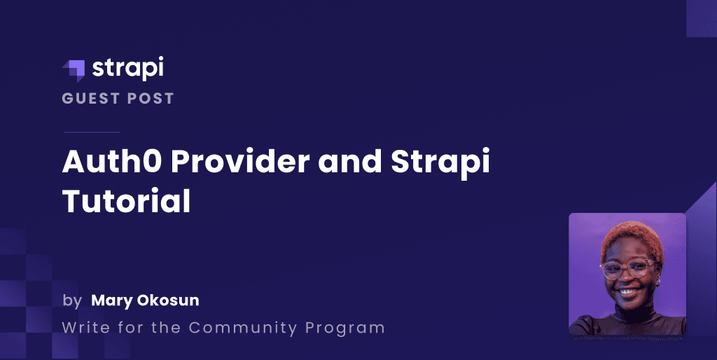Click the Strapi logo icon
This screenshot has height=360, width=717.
pos(74,71)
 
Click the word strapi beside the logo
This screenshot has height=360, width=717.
pos(127,69)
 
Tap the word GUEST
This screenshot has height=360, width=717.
pos(91,98)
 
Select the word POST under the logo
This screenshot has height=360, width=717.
pos(151,98)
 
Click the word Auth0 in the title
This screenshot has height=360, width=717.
pos(112,161)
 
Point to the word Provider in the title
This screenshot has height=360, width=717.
pos(241,161)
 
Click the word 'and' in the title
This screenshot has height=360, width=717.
pos(350,161)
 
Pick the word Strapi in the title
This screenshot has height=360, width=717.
pos(440,164)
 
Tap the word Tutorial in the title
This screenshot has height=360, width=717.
pos(126,201)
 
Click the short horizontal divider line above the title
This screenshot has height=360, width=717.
pos(92,132)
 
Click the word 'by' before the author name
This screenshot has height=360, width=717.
pos(72,301)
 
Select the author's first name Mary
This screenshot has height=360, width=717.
pos(113,301)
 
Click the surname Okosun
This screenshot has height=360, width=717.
pos(168,300)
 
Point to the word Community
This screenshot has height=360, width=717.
pos(243,328)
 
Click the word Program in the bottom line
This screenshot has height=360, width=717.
pos(344,328)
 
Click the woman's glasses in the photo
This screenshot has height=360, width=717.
pos(628,269)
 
